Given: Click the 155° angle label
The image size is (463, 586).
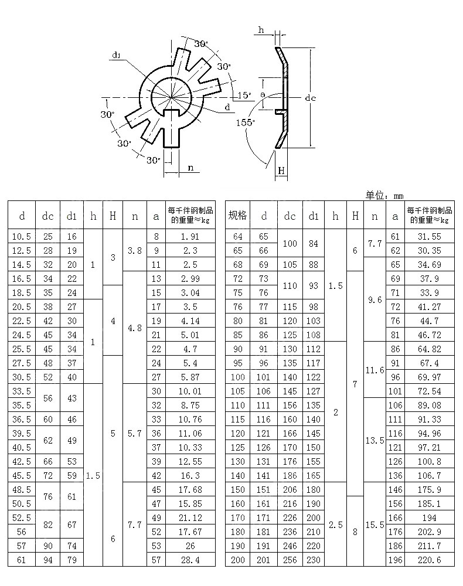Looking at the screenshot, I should [246, 122].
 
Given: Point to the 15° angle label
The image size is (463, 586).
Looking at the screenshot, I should [244, 95].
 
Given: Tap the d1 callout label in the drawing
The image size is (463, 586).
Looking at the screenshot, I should [116, 56].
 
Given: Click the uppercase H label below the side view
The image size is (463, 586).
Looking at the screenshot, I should [281, 171].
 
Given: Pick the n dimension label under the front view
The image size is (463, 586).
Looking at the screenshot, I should [190, 168].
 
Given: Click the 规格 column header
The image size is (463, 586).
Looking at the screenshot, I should [237, 216].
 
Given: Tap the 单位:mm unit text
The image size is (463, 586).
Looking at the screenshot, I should [384, 196].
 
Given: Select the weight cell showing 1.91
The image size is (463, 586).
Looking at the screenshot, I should [190, 236].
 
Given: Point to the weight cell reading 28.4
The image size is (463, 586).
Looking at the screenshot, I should [190, 560].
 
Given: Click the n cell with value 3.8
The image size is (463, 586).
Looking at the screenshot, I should [135, 250].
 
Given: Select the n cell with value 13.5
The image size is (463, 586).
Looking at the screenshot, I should [375, 440].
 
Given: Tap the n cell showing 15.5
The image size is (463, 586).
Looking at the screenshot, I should [375, 524].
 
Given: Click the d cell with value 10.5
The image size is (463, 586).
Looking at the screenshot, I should [22, 236].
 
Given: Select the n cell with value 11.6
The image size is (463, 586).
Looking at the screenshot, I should [375, 370].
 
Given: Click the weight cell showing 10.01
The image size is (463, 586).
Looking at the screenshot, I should [190, 391].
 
